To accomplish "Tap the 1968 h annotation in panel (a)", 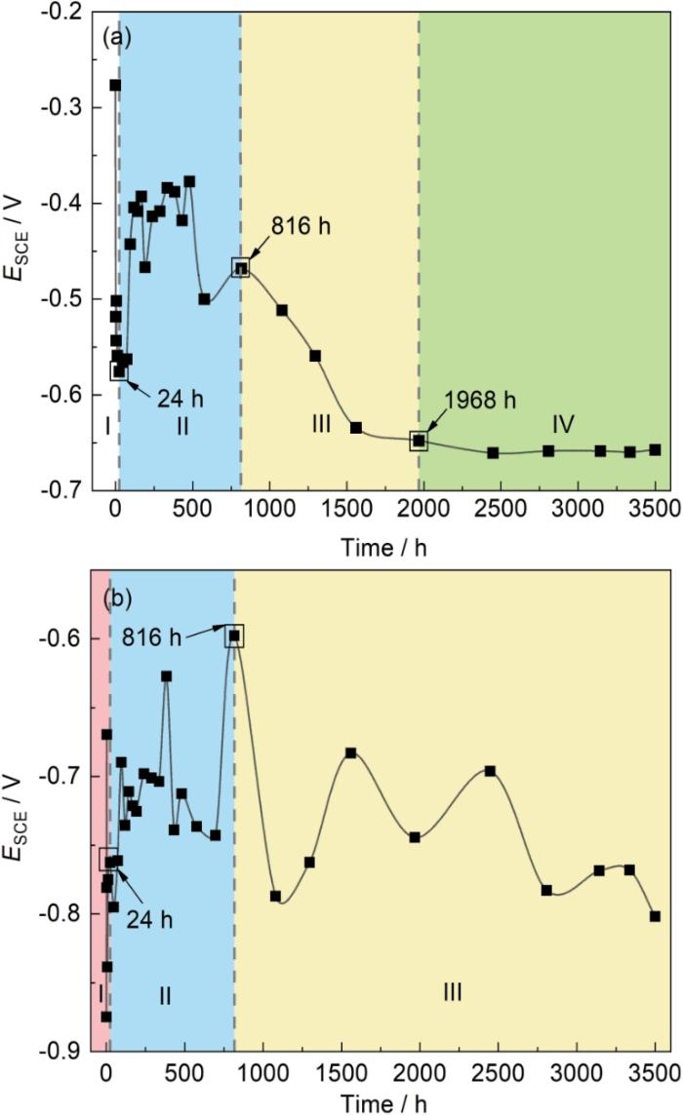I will point(478,401).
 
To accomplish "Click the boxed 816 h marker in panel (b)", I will point(234,636).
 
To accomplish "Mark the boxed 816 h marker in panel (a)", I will point(241,267).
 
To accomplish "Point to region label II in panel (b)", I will point(165,995).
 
